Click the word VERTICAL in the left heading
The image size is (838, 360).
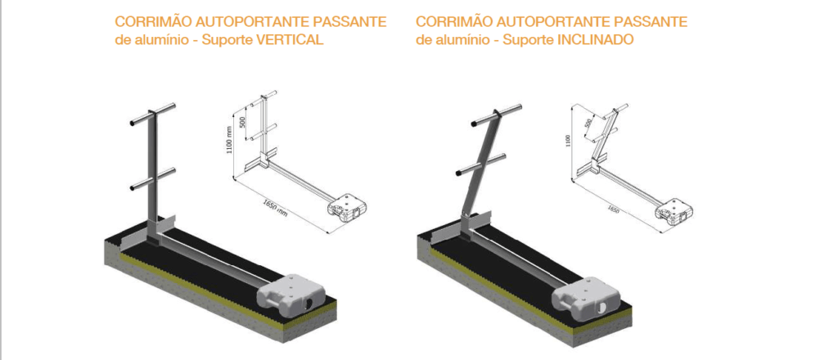[x=290, y=40]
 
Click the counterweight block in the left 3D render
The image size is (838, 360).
[x=291, y=295]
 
